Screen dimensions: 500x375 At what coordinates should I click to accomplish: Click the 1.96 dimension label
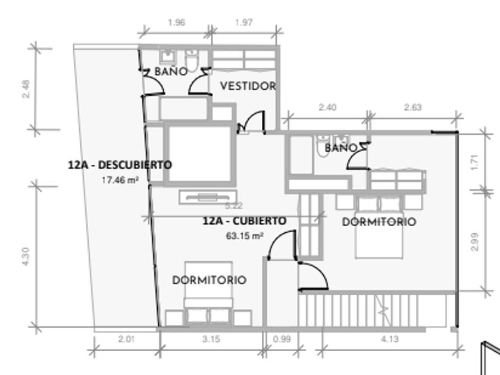176,23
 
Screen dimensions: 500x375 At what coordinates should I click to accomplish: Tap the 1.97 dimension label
244,23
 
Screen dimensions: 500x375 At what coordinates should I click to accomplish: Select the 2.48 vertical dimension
26,89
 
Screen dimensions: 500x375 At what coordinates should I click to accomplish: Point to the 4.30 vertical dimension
26,257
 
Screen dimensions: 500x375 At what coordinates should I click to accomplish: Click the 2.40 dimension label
327,107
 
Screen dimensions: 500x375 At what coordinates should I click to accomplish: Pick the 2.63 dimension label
413,107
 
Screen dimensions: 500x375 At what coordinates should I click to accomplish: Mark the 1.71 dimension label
475,162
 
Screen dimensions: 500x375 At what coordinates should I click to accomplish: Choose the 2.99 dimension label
475,242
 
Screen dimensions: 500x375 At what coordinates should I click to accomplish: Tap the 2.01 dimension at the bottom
127,339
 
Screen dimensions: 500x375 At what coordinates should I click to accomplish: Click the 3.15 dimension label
211,339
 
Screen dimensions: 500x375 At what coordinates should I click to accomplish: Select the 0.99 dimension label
282,339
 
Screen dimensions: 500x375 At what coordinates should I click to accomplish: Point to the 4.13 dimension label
390,339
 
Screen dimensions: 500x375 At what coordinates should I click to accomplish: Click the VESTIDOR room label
248,86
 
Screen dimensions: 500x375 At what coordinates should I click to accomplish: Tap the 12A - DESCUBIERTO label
120,165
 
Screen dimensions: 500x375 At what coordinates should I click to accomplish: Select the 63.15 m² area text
245,236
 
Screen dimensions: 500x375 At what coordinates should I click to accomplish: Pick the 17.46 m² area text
120,180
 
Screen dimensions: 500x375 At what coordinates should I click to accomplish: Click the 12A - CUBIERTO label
245,221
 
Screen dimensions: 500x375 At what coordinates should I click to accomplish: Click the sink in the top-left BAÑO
167,57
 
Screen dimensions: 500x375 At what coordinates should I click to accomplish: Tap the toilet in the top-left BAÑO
192,61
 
